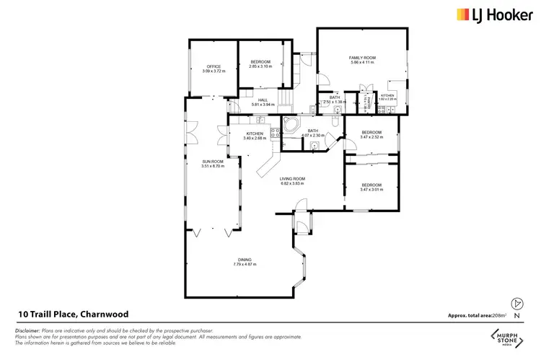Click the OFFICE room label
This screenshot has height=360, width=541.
[x=214, y=66]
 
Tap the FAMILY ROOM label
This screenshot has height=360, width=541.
[x=364, y=57]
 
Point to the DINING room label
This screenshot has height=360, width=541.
[x=245, y=260]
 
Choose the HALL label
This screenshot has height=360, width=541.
[x=263, y=100]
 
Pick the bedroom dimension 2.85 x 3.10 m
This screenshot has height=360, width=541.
[x=260, y=66]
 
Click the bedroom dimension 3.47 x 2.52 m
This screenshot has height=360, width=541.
[x=371, y=136]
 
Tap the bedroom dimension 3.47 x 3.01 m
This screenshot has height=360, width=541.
[x=371, y=190]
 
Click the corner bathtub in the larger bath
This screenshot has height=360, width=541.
[x=290, y=124]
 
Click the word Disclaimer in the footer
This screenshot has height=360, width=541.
[x=27, y=330]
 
